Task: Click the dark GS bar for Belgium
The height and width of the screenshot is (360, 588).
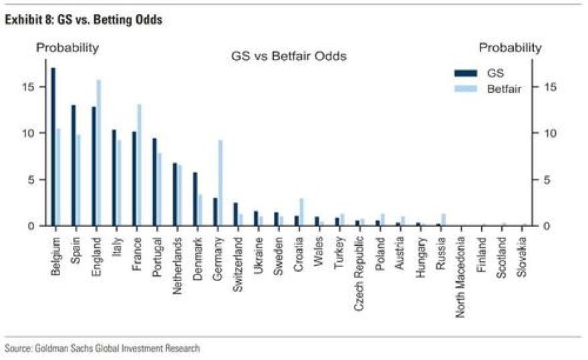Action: point(53,147)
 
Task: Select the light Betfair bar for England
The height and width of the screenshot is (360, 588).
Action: point(99,153)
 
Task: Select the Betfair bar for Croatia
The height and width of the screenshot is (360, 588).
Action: point(302,212)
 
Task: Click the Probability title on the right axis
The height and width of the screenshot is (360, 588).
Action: point(510,47)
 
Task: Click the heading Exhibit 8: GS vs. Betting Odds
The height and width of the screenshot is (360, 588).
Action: point(84,21)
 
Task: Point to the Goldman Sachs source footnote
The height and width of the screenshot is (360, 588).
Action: point(102,348)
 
